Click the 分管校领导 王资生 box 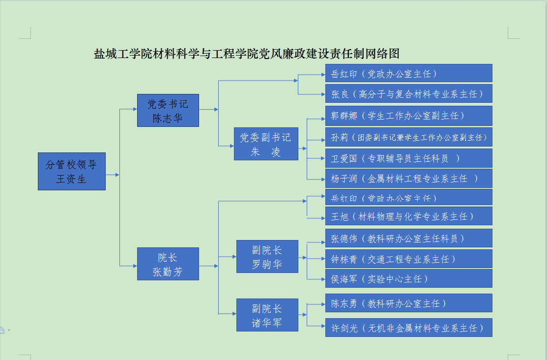tap(72, 171)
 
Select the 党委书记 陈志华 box tap(168, 111)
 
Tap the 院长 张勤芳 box tap(168, 264)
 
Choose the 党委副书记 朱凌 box tap(266, 144)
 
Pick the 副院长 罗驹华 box tap(267, 257)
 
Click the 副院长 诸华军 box tap(267, 315)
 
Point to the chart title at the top tap(246, 54)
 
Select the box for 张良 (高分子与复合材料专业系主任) tap(408, 93)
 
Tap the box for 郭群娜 tap(408, 116)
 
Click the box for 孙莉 tap(408, 137)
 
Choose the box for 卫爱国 tap(408, 158)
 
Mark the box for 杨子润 tap(408, 178)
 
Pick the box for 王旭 tap(408, 216)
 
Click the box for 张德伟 tap(408, 238)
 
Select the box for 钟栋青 tap(408, 259)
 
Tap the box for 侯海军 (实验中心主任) tap(408, 278)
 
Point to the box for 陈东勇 tap(408, 303)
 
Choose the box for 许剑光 tap(408, 328)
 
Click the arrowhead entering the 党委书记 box tap(134, 109)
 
